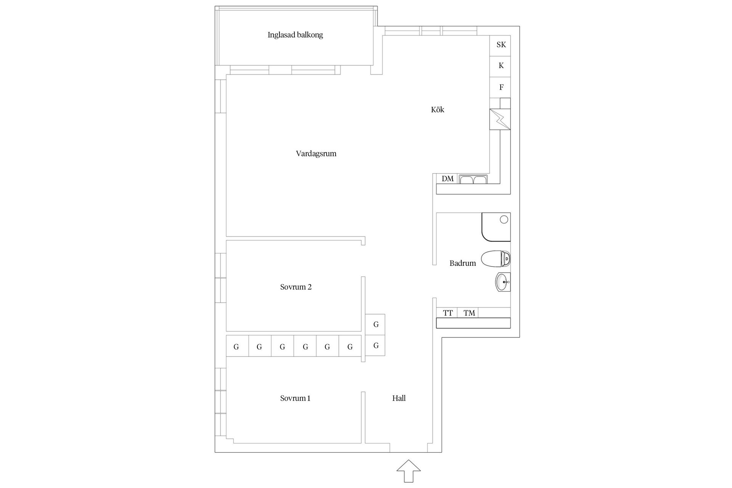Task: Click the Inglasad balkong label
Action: [x=295, y=35]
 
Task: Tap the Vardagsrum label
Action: [x=316, y=154]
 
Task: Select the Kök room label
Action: [x=438, y=109]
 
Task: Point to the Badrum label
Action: [x=462, y=263]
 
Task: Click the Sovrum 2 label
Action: [x=296, y=287]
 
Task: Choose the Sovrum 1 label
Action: [x=295, y=398]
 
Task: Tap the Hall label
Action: [x=399, y=398]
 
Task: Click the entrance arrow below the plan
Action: [x=409, y=471]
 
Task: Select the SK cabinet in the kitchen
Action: [x=500, y=45]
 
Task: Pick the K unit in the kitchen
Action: [x=500, y=66]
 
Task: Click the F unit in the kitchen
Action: [x=500, y=87]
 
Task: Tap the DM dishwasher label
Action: [x=448, y=179]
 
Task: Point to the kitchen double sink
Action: [x=473, y=179]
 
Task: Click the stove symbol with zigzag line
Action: [x=500, y=119]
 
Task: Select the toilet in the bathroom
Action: [x=496, y=259]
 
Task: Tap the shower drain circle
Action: [x=504, y=219]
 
